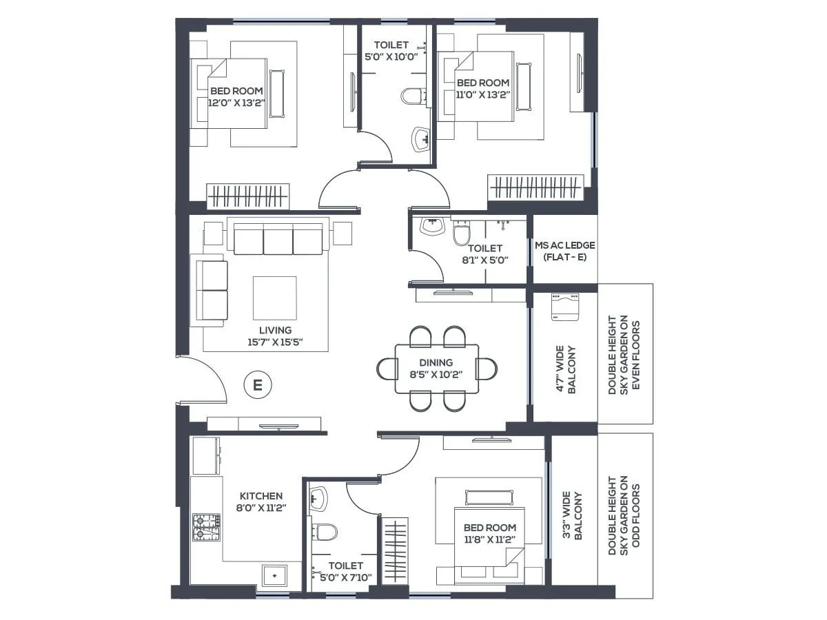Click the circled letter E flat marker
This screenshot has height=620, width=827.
point(258,384)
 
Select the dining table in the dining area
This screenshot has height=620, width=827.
point(436,369)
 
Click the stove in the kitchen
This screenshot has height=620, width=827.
point(206,527)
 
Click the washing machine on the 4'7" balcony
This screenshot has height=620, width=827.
point(565,307)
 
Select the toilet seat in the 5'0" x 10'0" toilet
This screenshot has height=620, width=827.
point(413,95)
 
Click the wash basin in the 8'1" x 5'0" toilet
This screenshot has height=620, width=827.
point(433,227)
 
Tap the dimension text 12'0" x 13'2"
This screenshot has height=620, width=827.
point(236,103)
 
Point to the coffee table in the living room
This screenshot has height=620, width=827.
point(274,298)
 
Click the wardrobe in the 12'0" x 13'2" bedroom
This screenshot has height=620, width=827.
point(249,196)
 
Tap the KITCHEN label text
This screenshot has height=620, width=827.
point(261,496)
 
